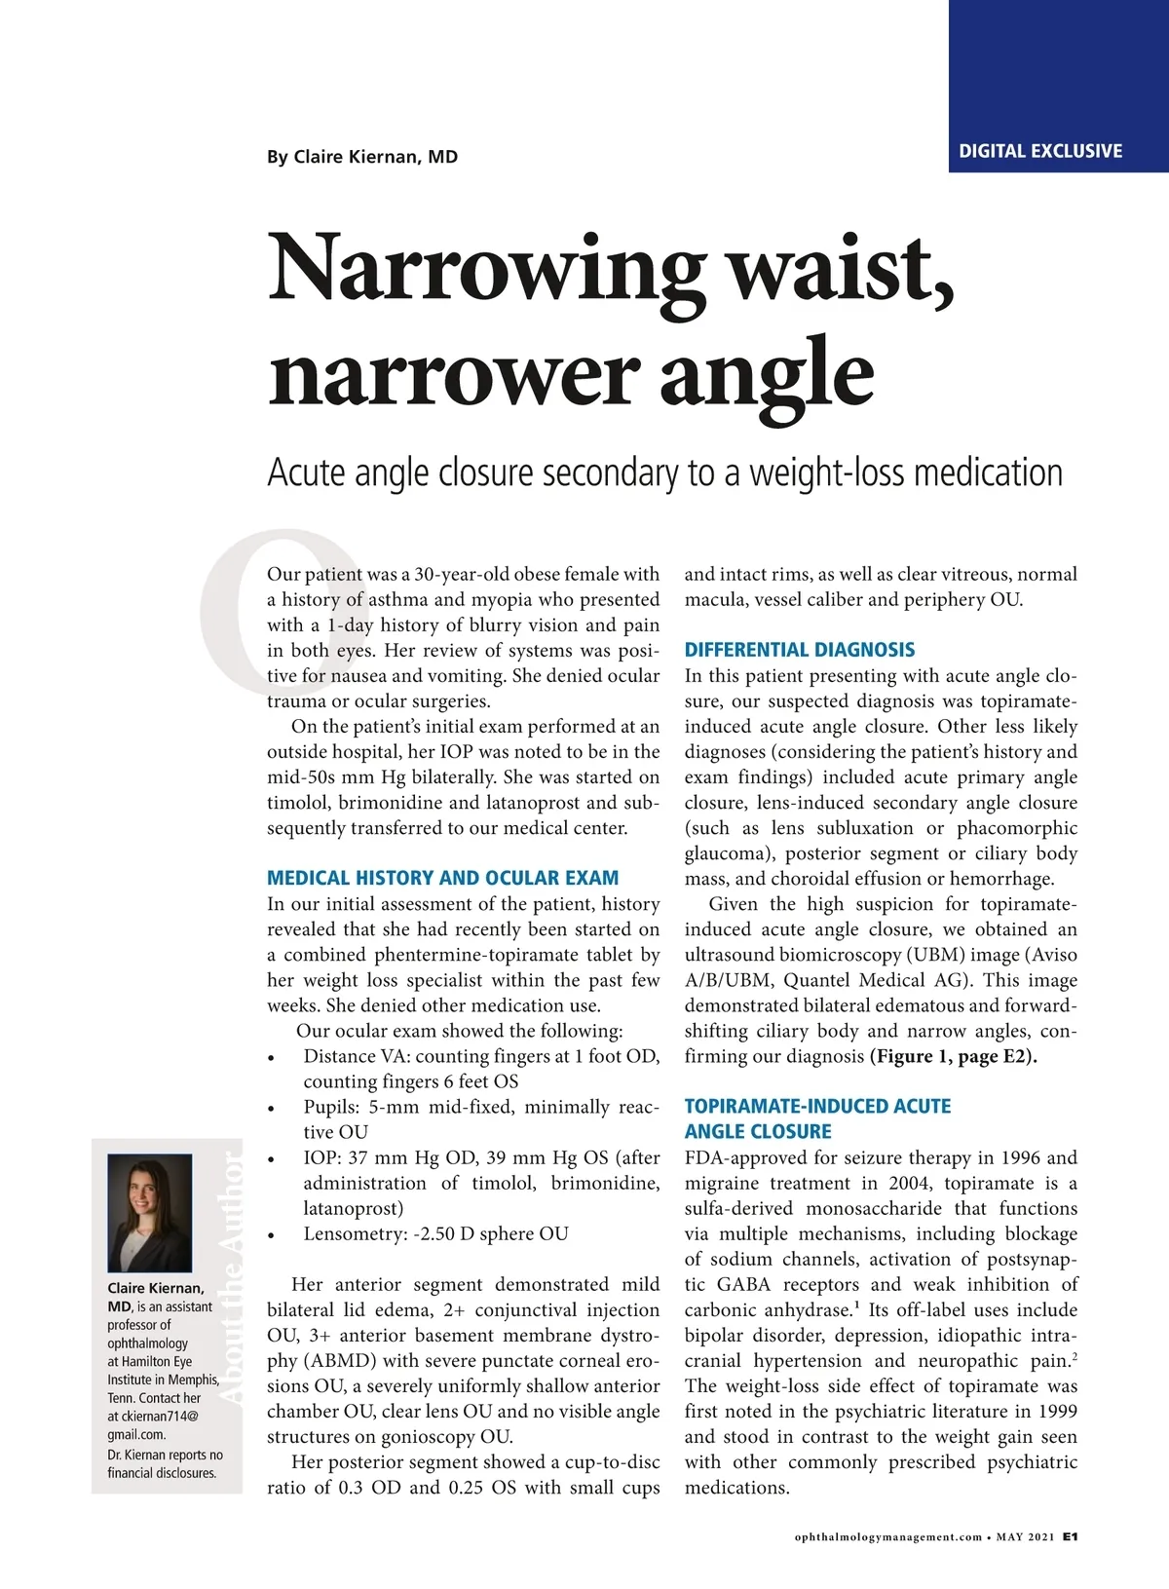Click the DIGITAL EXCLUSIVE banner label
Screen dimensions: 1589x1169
point(1040,151)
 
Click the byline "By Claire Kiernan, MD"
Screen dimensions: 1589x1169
point(362,157)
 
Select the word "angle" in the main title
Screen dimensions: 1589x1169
point(767,373)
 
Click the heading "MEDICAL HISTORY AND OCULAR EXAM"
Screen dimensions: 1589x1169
point(443,878)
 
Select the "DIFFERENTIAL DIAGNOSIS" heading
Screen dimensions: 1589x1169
point(800,650)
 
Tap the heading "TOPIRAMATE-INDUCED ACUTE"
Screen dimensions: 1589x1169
point(817,1106)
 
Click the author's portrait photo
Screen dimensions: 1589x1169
point(149,1212)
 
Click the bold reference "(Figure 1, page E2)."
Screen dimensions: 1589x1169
point(954,1056)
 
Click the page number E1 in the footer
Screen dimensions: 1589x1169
point(1070,1536)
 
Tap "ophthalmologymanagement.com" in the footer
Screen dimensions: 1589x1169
point(888,1537)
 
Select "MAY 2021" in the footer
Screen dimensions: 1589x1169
point(1025,1537)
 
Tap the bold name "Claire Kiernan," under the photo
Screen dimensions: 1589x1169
point(156,1288)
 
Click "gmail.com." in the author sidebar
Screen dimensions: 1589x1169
point(136,1434)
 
